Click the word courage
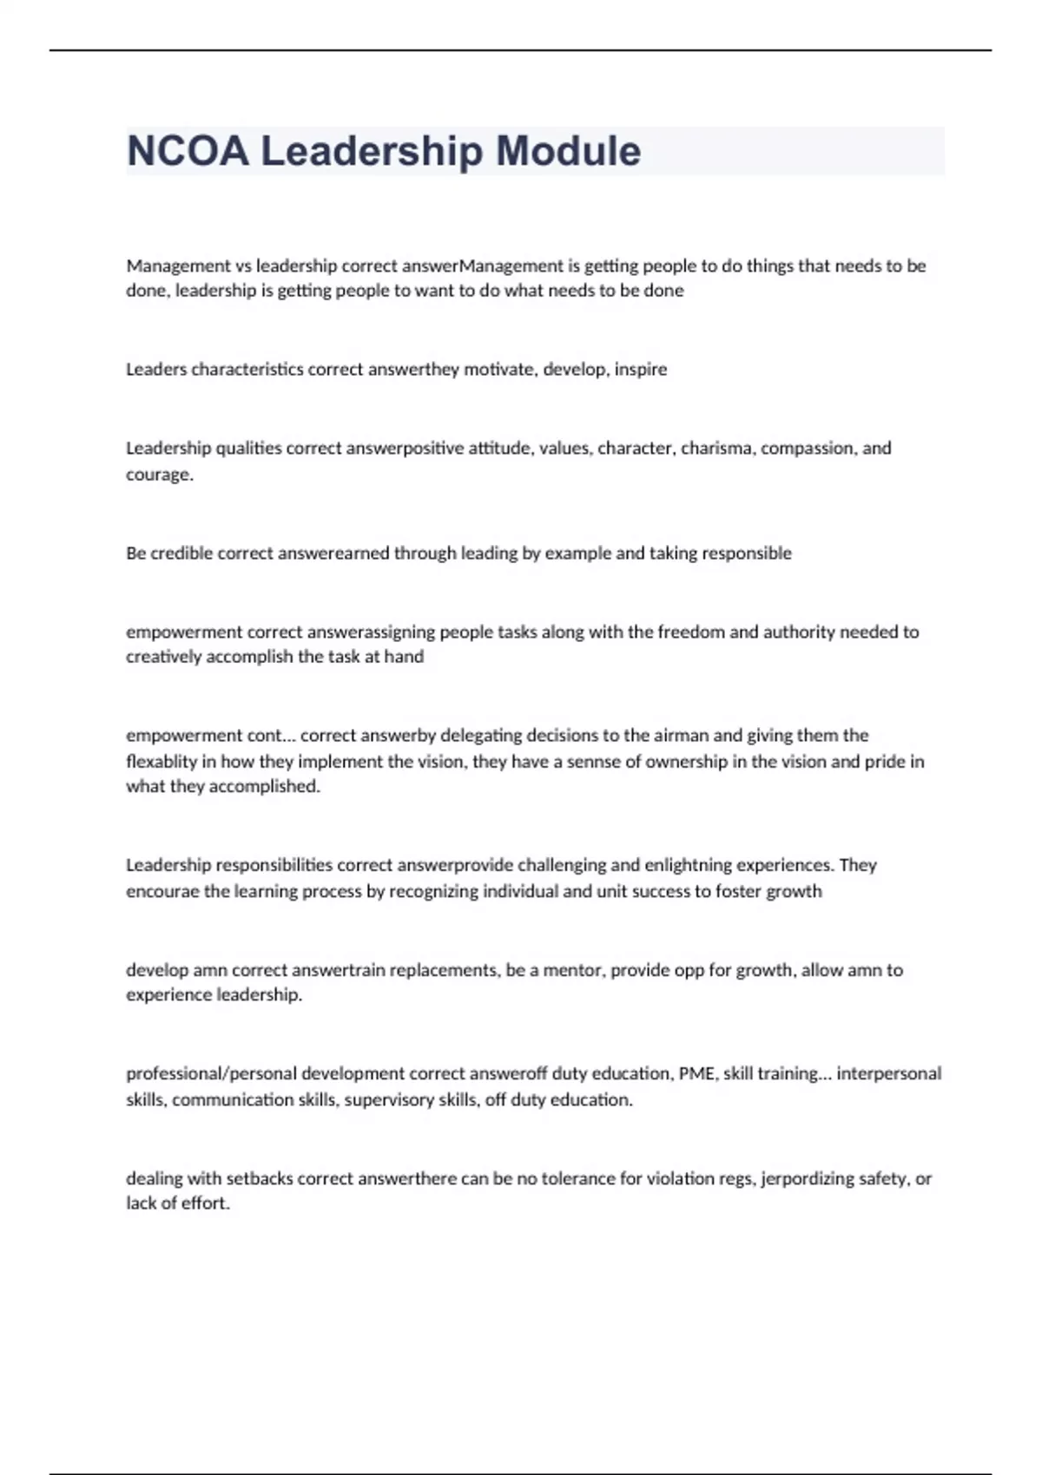[159, 474]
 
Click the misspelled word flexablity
[161, 761]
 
